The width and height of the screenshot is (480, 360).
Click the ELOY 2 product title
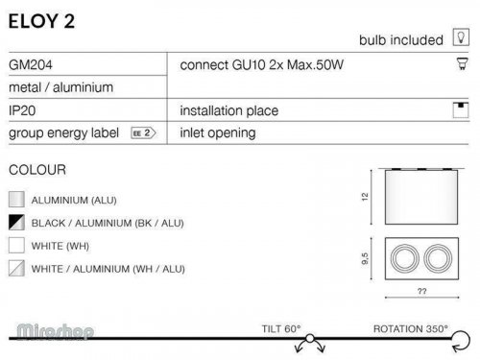41,21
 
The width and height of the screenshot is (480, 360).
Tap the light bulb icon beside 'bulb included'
461,37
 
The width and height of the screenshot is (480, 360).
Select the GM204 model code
31,65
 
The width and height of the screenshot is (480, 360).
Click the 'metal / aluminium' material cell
61,87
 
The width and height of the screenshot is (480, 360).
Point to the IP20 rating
22,110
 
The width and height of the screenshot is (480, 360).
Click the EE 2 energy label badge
143,132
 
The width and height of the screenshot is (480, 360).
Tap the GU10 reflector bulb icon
462,63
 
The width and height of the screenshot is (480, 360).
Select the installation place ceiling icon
461,110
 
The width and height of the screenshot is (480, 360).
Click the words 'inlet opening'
218,133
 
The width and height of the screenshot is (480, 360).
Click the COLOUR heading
37,170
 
